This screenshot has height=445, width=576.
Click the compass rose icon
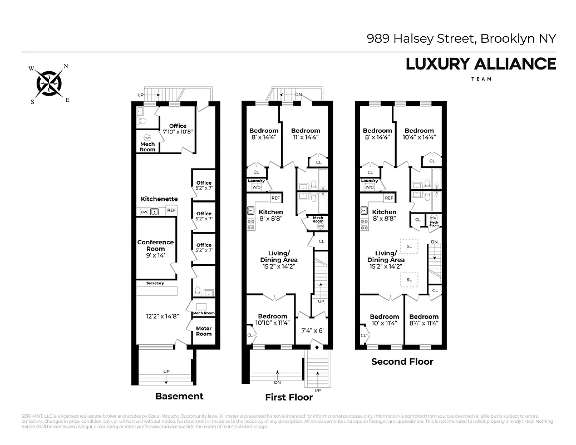tap(50, 84)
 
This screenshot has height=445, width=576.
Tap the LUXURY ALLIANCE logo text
tap(481, 64)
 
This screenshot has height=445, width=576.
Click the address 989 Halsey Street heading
tap(461, 39)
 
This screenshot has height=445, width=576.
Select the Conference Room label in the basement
tap(156, 245)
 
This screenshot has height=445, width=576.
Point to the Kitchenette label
tap(159, 199)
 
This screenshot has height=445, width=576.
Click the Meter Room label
tap(204, 331)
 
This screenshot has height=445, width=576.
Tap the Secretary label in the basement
tap(155, 284)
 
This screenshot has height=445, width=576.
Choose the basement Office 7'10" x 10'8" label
tap(178, 129)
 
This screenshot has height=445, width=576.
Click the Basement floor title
tap(179, 397)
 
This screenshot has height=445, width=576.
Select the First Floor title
tap(289, 397)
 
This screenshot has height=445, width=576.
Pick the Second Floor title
tap(402, 362)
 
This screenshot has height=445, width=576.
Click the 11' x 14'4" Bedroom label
tap(306, 134)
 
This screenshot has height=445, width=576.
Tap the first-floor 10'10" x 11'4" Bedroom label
tap(273, 320)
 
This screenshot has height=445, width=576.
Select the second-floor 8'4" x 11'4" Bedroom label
tap(424, 320)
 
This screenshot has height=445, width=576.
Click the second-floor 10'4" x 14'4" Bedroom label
tap(419, 134)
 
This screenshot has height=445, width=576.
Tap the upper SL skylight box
tap(409, 246)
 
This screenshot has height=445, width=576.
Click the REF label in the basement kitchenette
tap(171, 210)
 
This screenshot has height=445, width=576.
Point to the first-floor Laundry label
tap(256, 181)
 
